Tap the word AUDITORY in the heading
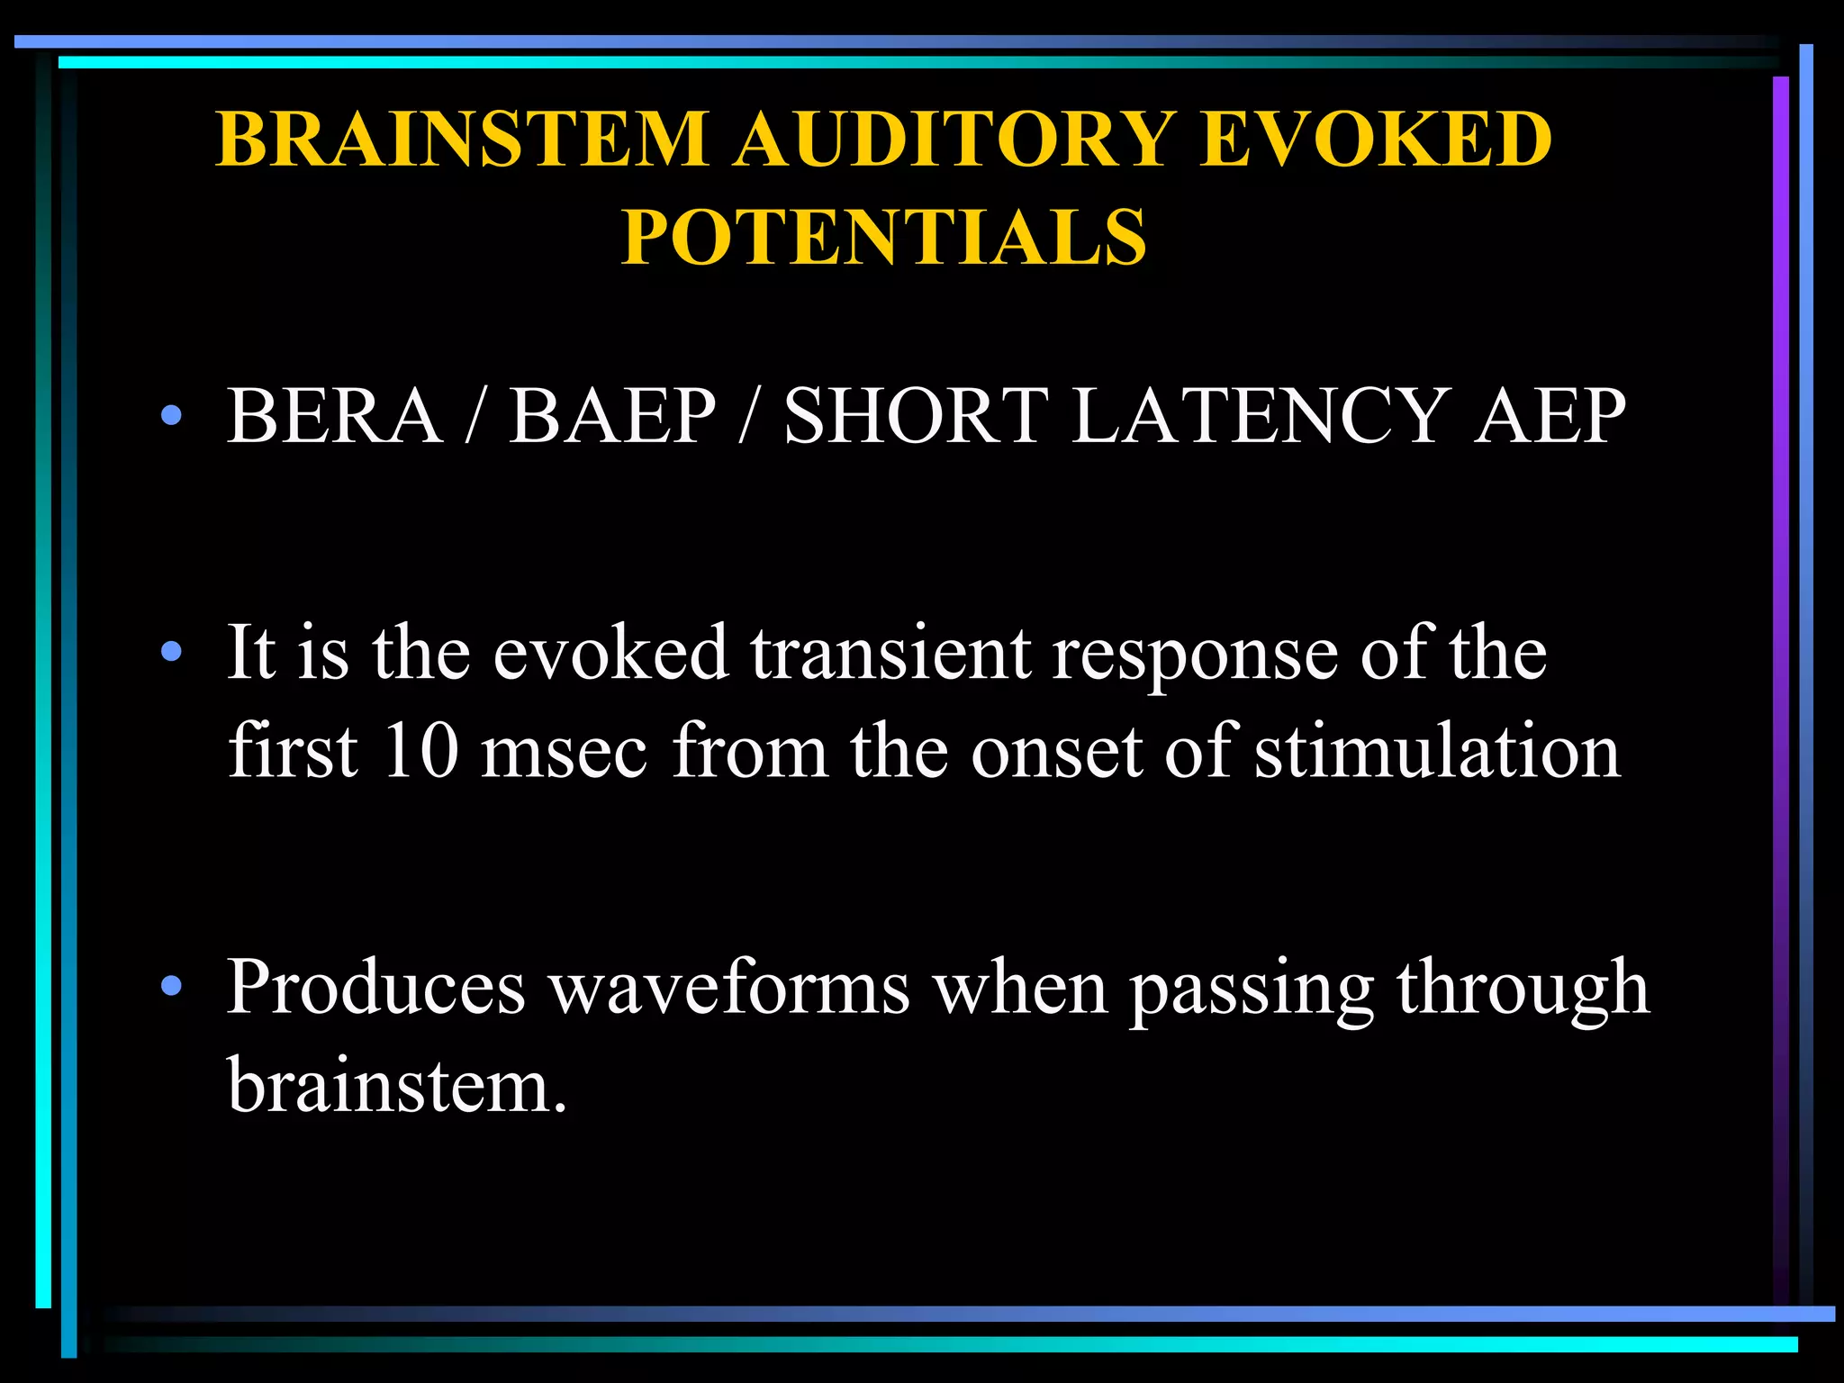(954, 139)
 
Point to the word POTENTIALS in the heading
(884, 236)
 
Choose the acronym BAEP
(612, 416)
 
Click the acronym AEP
(1550, 416)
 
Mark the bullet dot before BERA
(171, 416)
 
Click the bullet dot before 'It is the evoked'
(171, 652)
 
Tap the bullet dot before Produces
(171, 988)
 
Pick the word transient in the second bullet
(890, 652)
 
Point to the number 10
(420, 751)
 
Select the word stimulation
(1437, 751)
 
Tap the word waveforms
(730, 988)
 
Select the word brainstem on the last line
(396, 1085)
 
